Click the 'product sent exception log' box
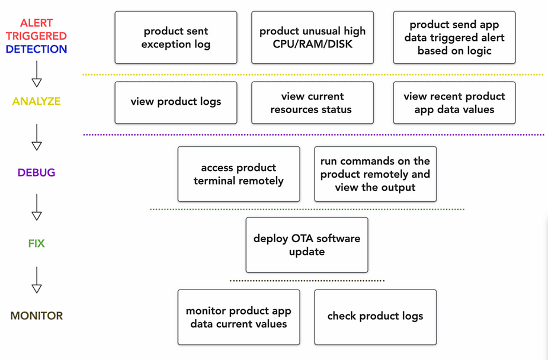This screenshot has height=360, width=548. [176, 37]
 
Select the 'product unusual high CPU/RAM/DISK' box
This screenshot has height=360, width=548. [312, 37]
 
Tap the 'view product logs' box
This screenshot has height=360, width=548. [176, 102]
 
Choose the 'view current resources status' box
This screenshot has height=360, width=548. [312, 102]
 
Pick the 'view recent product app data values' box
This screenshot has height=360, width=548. [454, 102]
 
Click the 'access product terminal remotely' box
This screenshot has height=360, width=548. [239, 174]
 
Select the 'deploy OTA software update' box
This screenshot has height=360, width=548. [307, 245]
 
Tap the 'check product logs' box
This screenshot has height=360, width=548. [376, 317]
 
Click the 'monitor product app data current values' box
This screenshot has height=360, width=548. [239, 317]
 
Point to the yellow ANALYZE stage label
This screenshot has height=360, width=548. [36, 101]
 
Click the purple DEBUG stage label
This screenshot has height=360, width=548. [36, 172]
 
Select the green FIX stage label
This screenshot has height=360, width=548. [36, 243]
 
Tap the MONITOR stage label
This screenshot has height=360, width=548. [36, 316]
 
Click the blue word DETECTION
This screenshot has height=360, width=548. [36, 49]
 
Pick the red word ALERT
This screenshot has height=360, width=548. [36, 23]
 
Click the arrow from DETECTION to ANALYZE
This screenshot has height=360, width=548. [37, 74]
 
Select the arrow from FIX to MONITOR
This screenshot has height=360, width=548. [37, 280]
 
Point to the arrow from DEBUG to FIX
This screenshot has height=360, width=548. [37, 207]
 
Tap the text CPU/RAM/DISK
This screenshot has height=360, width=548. [312, 44]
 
